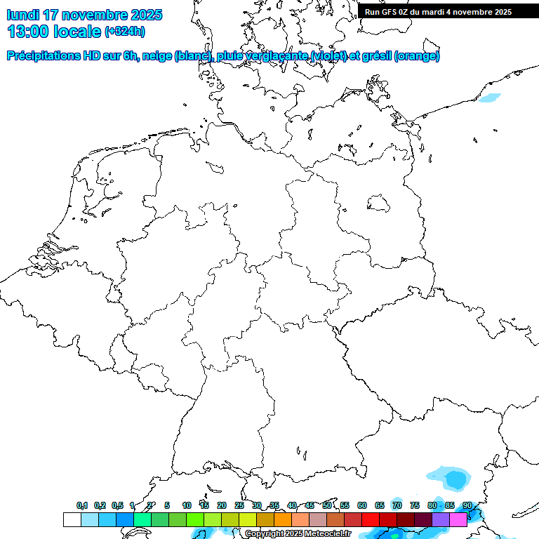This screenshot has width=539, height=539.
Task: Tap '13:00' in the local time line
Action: click(28, 32)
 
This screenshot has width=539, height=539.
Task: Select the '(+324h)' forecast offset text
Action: click(124, 32)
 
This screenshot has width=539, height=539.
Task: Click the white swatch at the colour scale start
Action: click(72, 519)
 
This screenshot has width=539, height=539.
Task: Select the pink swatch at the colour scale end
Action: click(458, 519)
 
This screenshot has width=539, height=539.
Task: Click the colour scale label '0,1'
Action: click(82, 505)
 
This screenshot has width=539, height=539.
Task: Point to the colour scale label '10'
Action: click(187, 505)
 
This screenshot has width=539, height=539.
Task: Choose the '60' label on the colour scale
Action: click(362, 505)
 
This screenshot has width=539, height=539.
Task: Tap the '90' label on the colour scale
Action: click(467, 505)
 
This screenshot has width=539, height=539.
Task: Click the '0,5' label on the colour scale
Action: click(117, 505)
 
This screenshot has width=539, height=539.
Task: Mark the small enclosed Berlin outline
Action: click(378, 204)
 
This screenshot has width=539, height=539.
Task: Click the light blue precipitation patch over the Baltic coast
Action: click(490, 98)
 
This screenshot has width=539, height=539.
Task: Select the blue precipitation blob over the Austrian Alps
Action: click(455, 479)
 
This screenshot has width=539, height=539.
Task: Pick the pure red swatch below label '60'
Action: click(370, 519)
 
